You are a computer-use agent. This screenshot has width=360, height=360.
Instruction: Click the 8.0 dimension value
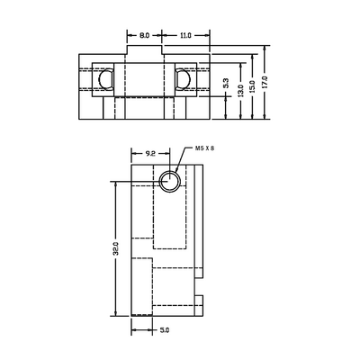click(145, 34)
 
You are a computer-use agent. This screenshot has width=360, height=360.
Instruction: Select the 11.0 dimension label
click(184, 34)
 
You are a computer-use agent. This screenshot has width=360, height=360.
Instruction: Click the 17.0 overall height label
click(265, 82)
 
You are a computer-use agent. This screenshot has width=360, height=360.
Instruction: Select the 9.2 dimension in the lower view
click(150, 154)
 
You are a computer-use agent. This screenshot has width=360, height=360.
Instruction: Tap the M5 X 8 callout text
click(205, 148)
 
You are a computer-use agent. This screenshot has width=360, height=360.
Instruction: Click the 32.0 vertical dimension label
click(116, 247)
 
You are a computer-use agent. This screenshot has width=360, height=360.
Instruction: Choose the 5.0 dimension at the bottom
click(165, 330)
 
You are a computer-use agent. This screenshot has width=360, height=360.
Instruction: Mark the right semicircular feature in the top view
click(184, 80)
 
